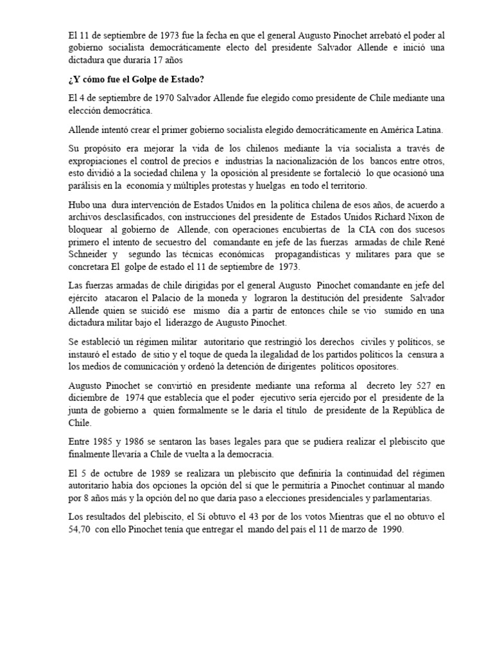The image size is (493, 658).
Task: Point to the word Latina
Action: click(424, 129)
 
